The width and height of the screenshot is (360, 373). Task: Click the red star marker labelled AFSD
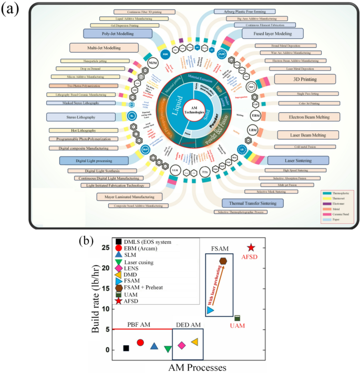tap(251, 247)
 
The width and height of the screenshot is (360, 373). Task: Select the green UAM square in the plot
tap(237, 318)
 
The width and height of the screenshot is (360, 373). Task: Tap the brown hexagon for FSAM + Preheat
tap(223, 261)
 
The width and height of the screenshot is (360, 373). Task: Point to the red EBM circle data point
tap(140, 343)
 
